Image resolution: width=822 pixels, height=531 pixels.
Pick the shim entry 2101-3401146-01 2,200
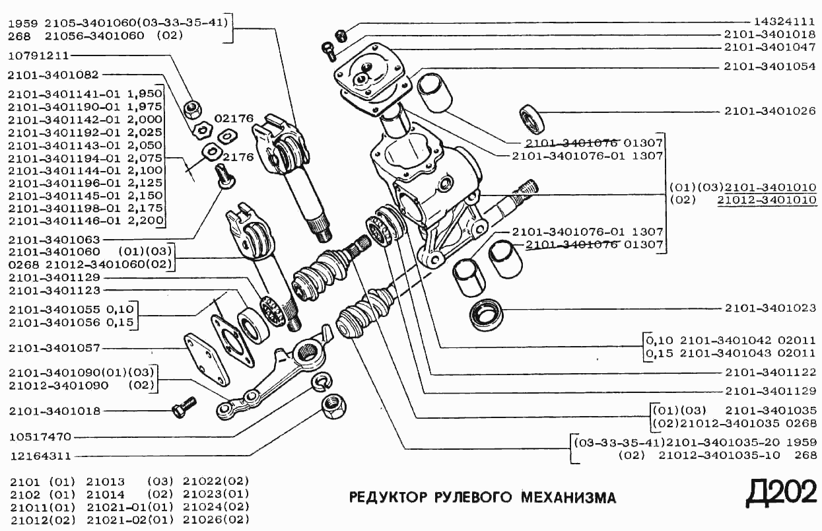click(x=85, y=220)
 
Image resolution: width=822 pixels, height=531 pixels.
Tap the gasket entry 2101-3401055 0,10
click(x=71, y=310)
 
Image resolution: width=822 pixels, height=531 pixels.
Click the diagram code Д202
click(x=780, y=492)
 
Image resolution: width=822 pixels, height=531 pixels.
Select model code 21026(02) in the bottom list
click(x=216, y=520)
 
